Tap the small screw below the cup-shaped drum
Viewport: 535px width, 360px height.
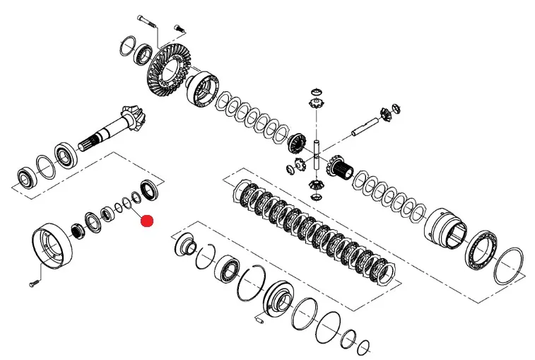point(34,284)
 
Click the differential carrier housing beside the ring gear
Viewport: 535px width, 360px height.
point(204,88)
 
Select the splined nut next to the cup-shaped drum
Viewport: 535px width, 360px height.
point(76,230)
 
